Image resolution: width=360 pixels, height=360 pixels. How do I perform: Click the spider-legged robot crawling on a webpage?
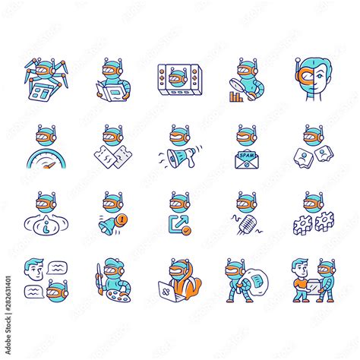pyautogui.click(x=46, y=76)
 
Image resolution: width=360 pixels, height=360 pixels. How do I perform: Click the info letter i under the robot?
pyautogui.click(x=46, y=225)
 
